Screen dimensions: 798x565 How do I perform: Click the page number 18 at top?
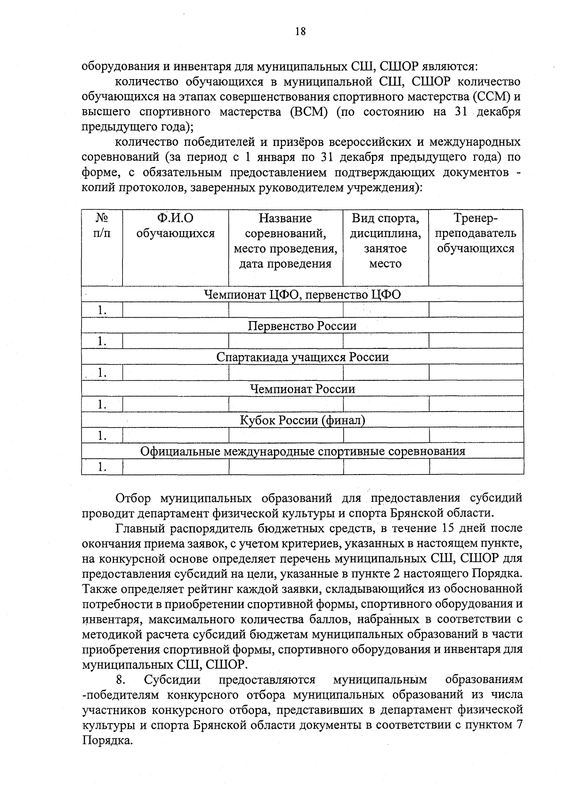[x=300, y=32]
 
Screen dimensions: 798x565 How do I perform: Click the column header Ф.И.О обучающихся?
[x=175, y=226]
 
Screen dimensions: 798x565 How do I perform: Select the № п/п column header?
[x=102, y=226]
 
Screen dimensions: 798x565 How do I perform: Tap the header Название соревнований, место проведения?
[x=285, y=241]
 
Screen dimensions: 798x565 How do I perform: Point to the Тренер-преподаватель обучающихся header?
[x=476, y=233]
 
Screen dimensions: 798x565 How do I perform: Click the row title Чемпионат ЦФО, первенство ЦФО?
[x=302, y=295]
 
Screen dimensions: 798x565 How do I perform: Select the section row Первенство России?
[x=302, y=326]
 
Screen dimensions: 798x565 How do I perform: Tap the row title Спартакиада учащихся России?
[x=302, y=357]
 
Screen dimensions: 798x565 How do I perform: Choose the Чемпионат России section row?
[x=302, y=389]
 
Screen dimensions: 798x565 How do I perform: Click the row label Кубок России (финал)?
[x=302, y=420]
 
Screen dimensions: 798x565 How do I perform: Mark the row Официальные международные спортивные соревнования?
[x=302, y=451]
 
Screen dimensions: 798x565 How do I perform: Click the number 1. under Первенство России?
[x=102, y=341]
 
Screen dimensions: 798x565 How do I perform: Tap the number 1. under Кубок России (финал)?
[x=102, y=436]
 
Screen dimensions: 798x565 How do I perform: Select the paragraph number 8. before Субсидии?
[x=120, y=680]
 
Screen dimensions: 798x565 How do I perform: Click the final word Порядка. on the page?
[x=106, y=741]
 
